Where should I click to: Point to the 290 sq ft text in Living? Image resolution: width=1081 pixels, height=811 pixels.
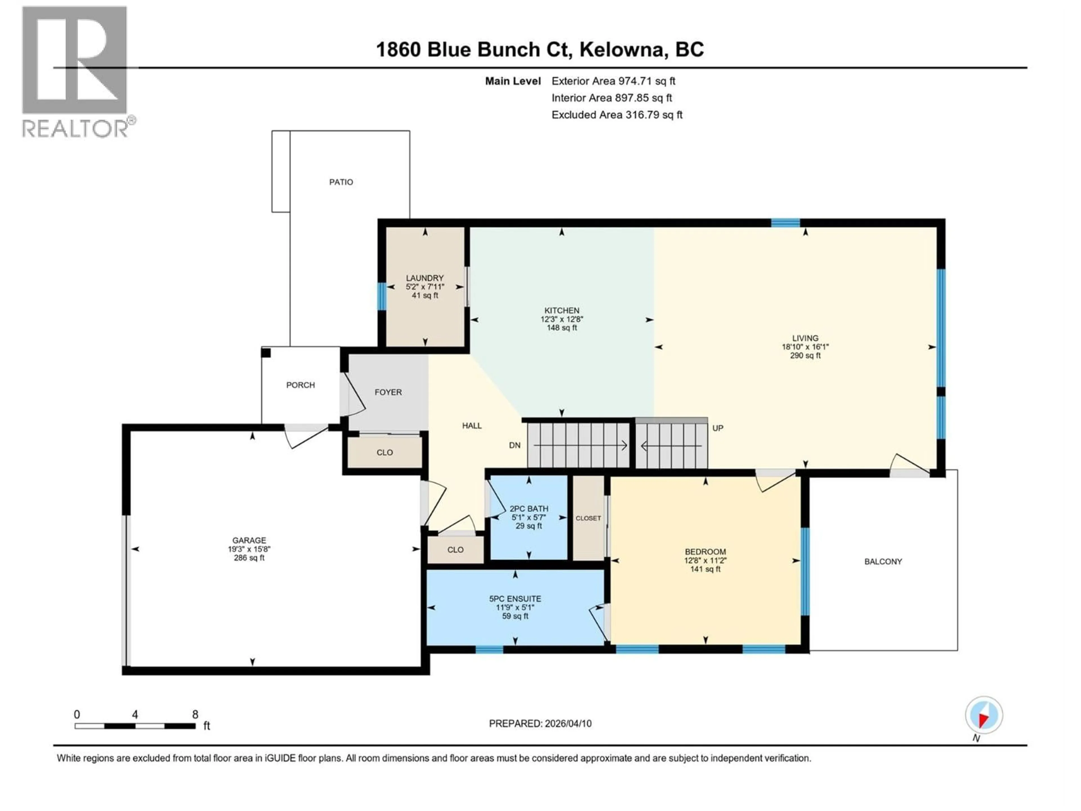(x=805, y=355)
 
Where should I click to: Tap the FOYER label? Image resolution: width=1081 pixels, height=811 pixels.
(x=388, y=392)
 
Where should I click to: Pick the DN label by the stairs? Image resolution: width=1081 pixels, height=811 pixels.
(x=515, y=445)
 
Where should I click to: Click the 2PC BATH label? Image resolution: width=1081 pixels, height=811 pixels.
(x=528, y=508)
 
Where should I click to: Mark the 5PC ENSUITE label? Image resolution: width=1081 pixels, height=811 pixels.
(x=515, y=598)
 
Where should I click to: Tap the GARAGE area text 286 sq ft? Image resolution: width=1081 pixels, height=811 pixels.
(x=249, y=558)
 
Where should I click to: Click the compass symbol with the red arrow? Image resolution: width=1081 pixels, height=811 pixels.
(x=984, y=715)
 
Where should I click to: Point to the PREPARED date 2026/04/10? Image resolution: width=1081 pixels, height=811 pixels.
(x=540, y=723)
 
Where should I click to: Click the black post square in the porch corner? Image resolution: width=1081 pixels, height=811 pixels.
(x=266, y=353)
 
